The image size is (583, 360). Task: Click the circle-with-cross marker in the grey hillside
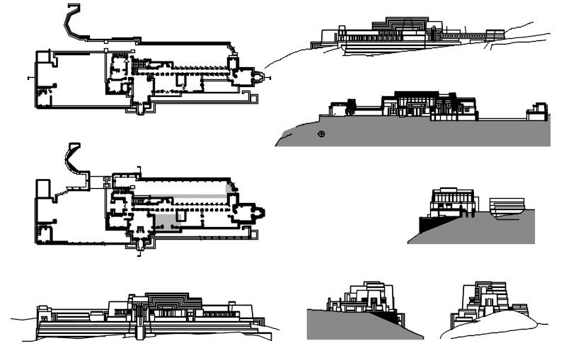(322, 134)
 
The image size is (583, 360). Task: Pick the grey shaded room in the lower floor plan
(167, 222)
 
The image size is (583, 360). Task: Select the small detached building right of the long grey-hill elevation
(537, 112)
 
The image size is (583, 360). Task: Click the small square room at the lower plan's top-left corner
(42, 189)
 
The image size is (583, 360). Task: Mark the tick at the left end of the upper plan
(28, 76)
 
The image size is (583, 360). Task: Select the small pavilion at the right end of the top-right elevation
(495, 33)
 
